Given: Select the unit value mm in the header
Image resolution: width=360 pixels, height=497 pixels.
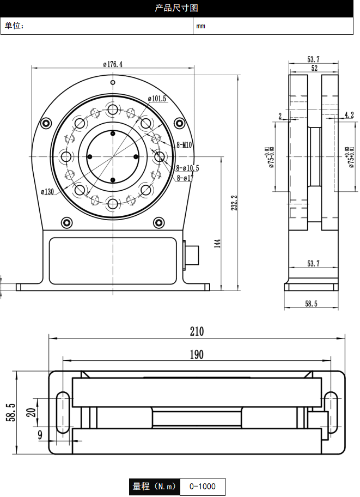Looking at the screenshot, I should (201, 26).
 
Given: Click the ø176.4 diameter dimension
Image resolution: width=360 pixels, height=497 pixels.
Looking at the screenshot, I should (113, 64).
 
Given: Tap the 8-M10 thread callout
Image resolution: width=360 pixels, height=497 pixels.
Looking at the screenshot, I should (185, 145).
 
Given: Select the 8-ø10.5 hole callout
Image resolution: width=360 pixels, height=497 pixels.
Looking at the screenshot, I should (187, 168).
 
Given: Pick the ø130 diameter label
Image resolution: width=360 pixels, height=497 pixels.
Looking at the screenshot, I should (47, 191).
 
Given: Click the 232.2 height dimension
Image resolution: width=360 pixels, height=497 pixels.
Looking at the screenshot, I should (234, 203).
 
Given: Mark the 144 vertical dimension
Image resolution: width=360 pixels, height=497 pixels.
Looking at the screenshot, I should (217, 243).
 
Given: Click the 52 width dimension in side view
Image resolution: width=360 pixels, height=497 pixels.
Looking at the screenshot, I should (314, 68).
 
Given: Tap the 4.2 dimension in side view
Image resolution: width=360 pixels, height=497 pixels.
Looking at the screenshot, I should (349, 115).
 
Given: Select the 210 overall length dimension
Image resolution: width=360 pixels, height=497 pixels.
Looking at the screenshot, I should (197, 331).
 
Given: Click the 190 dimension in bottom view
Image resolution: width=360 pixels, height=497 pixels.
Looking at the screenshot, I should (197, 355).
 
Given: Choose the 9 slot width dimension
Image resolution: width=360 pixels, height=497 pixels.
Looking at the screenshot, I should (40, 434).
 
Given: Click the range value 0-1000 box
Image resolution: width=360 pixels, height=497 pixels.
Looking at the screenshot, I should (202, 486).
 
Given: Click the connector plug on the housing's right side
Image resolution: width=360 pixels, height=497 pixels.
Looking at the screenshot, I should (192, 254).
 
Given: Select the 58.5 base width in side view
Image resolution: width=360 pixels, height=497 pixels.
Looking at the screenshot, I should (311, 304).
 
